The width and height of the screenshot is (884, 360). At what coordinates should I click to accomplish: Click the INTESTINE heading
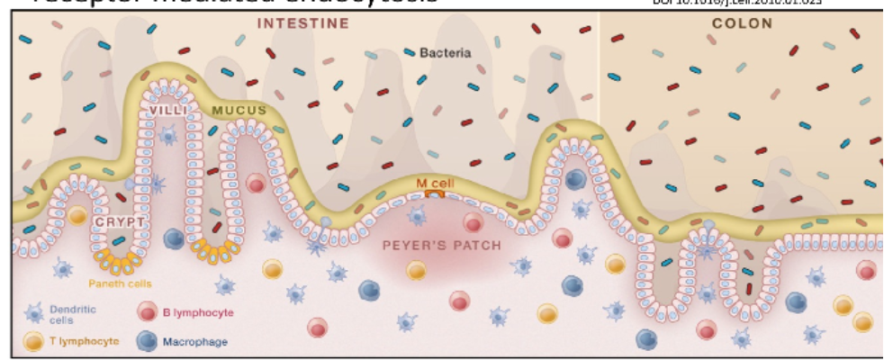pyautogui.click(x=302, y=23)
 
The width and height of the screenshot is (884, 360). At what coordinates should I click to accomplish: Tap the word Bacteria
pyautogui.click(x=445, y=53)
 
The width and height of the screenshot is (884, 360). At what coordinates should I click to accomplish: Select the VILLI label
pyautogui.click(x=170, y=112)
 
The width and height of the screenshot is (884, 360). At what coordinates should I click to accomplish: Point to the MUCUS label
pyautogui.click(x=239, y=112)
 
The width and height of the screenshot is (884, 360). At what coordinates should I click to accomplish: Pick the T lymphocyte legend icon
pyautogui.click(x=35, y=342)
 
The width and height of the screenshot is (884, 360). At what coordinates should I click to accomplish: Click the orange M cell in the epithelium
pyautogui.click(x=435, y=193)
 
